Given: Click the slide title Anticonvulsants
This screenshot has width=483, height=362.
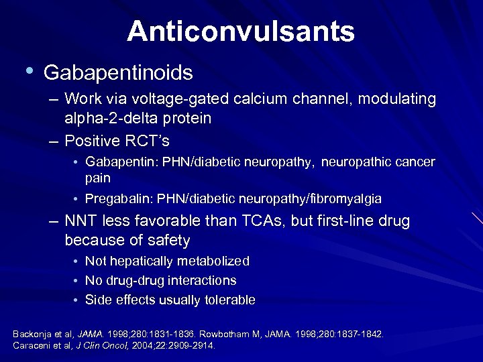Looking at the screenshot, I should coord(241,31).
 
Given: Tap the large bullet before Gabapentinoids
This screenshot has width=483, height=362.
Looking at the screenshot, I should coord(28,69).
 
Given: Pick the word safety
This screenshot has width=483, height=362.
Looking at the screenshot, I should coord(166,240).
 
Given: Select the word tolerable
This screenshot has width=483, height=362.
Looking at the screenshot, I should coord(229,300).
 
